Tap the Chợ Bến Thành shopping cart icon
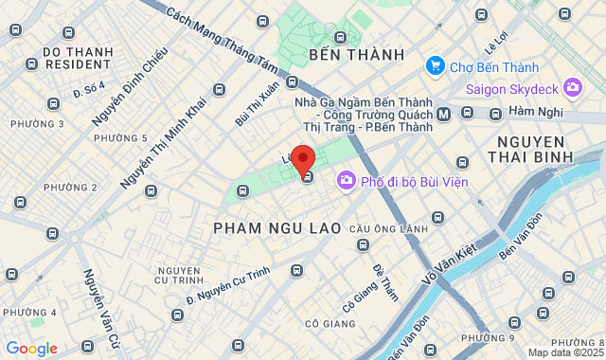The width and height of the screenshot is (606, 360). tap(436, 66)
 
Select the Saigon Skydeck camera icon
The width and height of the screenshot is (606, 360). tap(572, 89)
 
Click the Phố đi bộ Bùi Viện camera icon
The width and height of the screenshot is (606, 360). tap(347, 180)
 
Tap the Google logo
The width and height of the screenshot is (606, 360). tap(31, 349)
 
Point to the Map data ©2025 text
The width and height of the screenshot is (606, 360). tap(565, 353)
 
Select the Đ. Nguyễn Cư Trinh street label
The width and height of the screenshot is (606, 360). tap(227, 288)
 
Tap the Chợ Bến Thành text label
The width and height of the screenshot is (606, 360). tap(494, 67)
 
